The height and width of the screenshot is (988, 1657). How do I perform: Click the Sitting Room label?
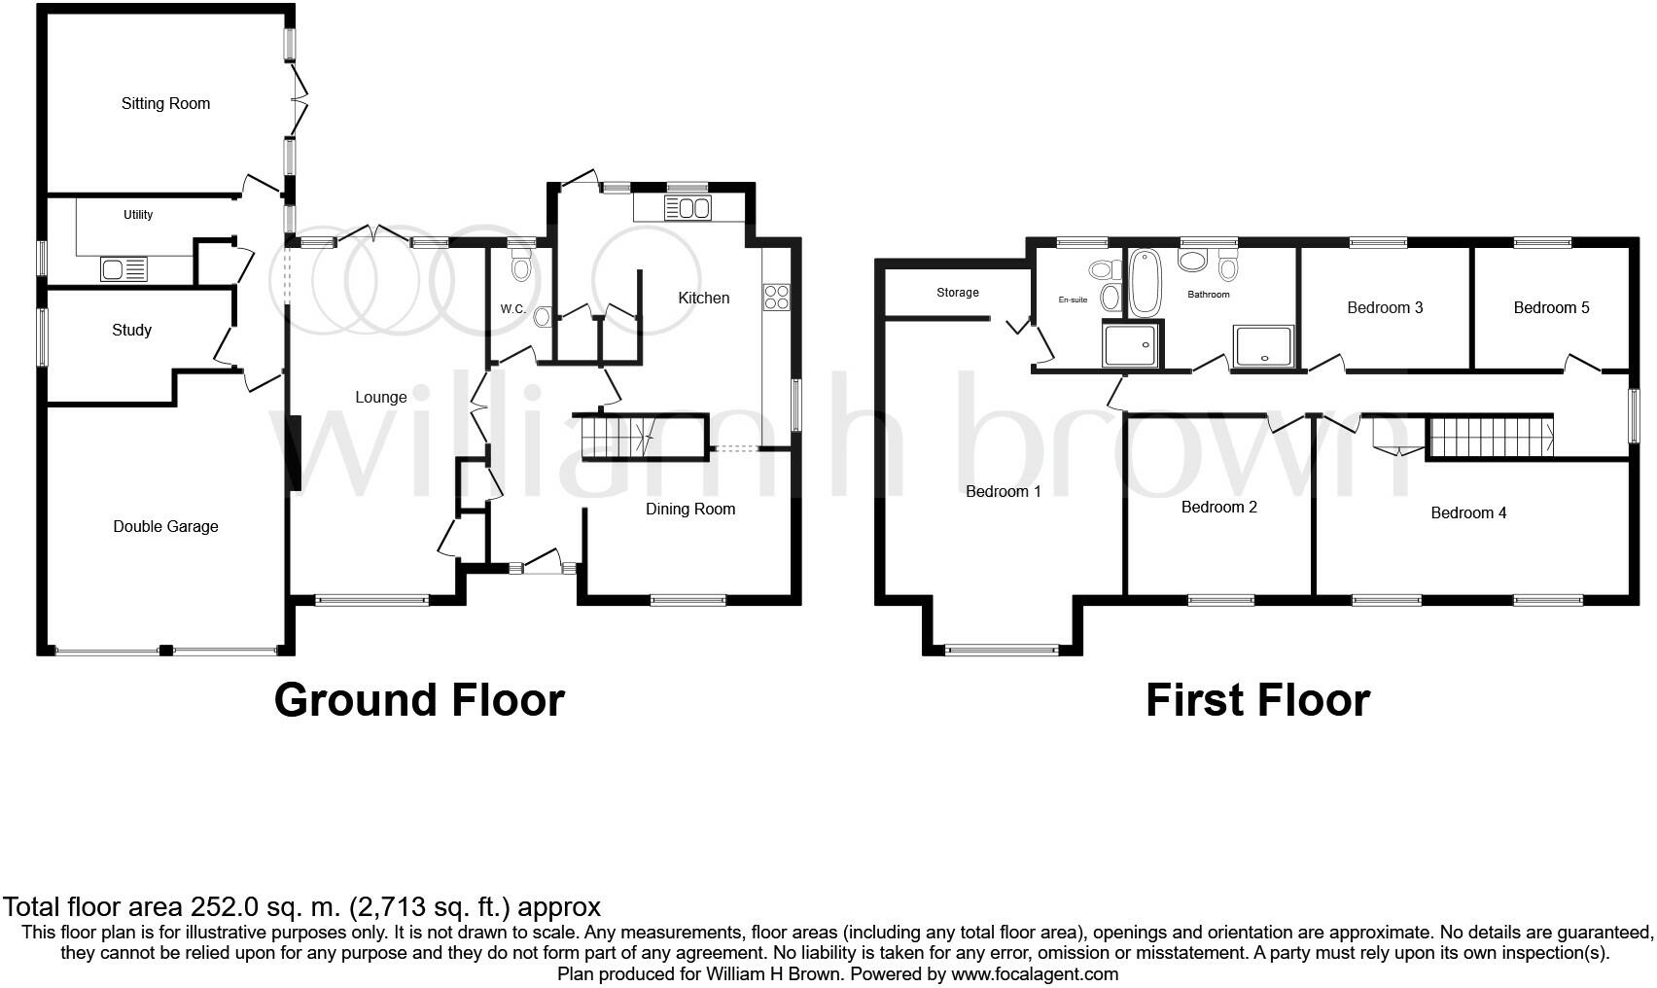pyautogui.click(x=165, y=103)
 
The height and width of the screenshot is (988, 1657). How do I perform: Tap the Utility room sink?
pyautogui.click(x=123, y=269)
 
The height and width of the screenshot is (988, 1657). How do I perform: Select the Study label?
pyautogui.click(x=131, y=331)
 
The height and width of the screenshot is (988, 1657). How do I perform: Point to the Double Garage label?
pyautogui.click(x=165, y=527)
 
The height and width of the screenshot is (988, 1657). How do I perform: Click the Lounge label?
pyautogui.click(x=380, y=397)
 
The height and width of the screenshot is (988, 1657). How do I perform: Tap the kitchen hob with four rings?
pyautogui.click(x=776, y=297)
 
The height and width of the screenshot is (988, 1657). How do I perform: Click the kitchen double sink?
pyautogui.click(x=688, y=208)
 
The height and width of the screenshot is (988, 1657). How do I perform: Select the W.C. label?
pyautogui.click(x=513, y=309)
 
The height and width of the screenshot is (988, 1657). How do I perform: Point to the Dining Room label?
pyautogui.click(x=690, y=509)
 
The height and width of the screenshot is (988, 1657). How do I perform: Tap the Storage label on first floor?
pyautogui.click(x=957, y=293)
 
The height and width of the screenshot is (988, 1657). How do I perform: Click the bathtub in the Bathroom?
pyautogui.click(x=1146, y=283)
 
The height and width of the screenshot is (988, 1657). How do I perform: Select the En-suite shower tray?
pyautogui.click(x=1132, y=345)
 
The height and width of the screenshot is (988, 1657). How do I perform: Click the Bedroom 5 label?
pyautogui.click(x=1551, y=308)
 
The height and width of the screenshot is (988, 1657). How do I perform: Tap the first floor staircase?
pyautogui.click(x=1490, y=436)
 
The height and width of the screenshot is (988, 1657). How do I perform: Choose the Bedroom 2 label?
pyautogui.click(x=1218, y=508)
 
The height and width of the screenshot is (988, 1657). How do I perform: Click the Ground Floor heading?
pyautogui.click(x=419, y=700)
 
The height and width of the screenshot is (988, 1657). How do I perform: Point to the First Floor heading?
pyautogui.click(x=1257, y=700)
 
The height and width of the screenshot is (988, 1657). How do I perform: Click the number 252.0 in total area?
pyautogui.click(x=220, y=907)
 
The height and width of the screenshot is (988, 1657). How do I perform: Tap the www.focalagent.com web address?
pyautogui.click(x=1035, y=973)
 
